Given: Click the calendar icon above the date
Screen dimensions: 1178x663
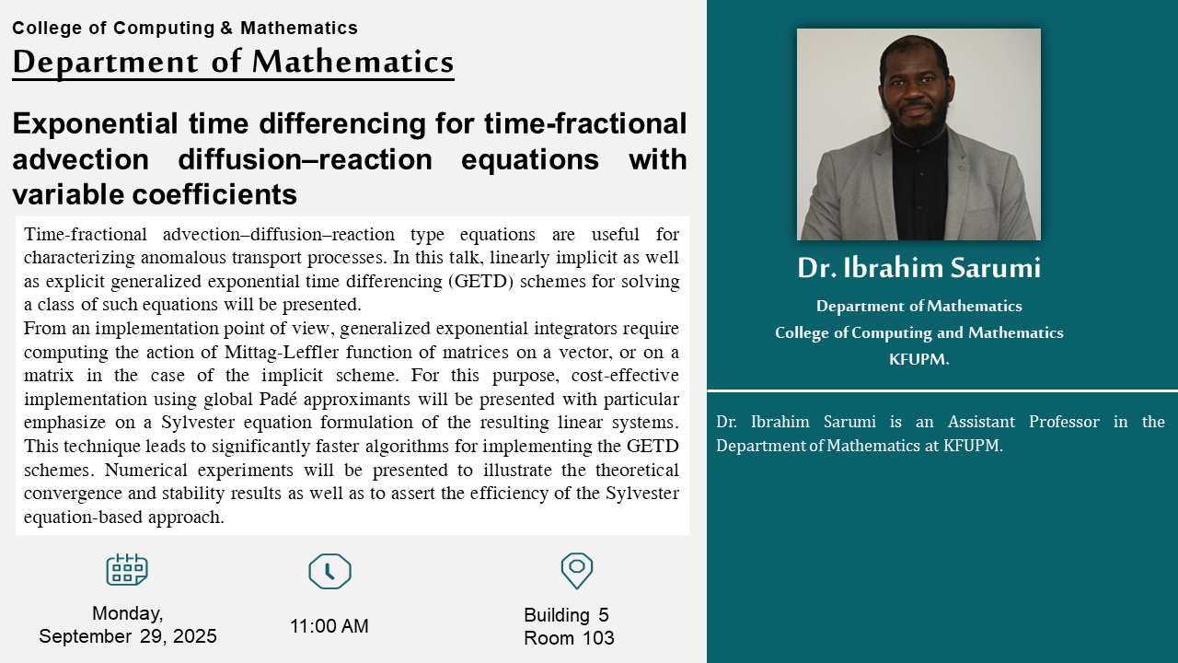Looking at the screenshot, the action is [127, 569].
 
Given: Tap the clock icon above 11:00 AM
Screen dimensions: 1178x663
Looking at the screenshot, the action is [329, 571].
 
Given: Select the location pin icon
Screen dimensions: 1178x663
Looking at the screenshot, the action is [577, 570].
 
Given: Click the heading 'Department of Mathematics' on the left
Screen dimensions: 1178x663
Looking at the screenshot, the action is [233, 62].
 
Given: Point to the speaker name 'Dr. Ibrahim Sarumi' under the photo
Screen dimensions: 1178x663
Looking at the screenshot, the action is [918, 268].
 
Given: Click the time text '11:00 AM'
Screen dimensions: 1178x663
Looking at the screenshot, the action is [329, 626].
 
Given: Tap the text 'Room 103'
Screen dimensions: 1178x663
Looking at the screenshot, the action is [569, 638].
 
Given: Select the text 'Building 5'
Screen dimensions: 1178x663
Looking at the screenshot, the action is [566, 615].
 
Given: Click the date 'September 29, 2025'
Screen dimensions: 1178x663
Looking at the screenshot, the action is [128, 636].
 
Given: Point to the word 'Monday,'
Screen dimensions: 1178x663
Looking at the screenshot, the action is [128, 613].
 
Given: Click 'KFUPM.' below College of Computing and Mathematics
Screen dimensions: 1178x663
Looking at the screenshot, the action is [918, 359].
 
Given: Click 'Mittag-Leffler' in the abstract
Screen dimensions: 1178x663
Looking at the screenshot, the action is [282, 352].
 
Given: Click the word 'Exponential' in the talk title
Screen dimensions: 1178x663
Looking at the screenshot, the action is [95, 124].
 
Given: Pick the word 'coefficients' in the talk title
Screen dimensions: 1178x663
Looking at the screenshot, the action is [214, 194].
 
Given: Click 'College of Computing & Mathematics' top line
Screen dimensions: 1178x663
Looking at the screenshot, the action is [185, 28].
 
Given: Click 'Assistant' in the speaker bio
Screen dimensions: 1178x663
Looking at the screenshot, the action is [981, 422].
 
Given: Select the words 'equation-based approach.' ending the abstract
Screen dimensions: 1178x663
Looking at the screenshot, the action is [124, 518].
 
